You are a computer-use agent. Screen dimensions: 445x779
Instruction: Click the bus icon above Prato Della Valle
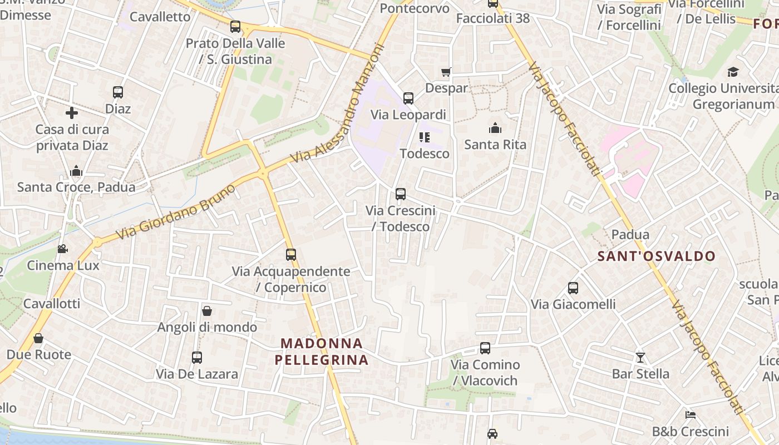coord(235,27)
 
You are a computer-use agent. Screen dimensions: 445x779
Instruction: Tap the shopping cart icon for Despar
coord(446,72)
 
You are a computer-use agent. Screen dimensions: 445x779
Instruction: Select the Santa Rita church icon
coord(495,128)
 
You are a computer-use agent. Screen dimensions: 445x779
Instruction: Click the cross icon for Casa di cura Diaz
coord(72,113)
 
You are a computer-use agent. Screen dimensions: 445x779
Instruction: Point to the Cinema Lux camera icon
coord(63,249)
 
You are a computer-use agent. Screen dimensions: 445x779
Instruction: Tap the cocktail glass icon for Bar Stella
coord(640,357)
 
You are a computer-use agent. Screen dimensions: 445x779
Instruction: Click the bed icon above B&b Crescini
coord(691,415)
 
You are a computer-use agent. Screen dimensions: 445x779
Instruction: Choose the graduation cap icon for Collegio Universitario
coord(733,72)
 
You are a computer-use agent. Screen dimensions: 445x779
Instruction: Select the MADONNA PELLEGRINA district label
coord(322,352)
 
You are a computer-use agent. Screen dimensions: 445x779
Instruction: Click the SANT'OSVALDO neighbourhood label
coord(656,256)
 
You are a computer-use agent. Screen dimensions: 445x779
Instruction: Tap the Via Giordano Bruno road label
coord(175,212)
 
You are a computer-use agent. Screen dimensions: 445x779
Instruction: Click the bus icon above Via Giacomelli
coord(573,288)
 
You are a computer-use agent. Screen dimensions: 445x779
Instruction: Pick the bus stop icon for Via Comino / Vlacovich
coord(485,348)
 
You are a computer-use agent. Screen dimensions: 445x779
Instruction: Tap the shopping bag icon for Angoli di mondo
coord(207,311)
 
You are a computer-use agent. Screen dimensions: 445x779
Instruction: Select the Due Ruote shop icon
coord(38,338)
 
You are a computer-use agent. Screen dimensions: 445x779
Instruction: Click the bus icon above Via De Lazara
coord(197,358)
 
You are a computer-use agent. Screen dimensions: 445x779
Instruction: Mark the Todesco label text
coord(425,154)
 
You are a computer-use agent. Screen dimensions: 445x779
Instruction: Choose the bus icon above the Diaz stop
coord(118,92)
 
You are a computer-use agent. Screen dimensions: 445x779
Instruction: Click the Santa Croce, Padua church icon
coord(76,171)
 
